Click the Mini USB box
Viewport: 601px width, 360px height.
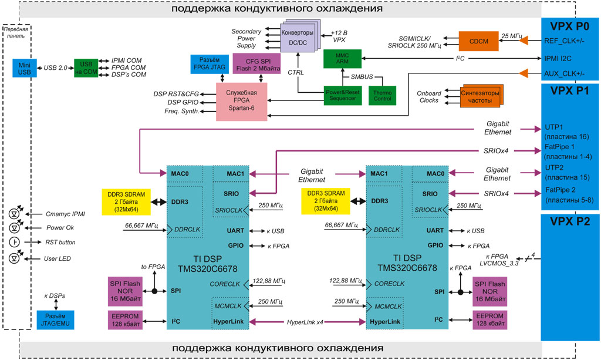(24, 68)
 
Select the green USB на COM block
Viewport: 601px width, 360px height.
(86, 68)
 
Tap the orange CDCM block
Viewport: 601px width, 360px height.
(479, 40)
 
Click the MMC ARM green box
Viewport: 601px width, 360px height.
(342, 59)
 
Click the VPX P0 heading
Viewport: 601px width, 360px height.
(570, 26)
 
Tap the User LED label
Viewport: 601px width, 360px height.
(59, 258)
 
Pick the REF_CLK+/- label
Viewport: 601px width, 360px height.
(564, 41)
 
